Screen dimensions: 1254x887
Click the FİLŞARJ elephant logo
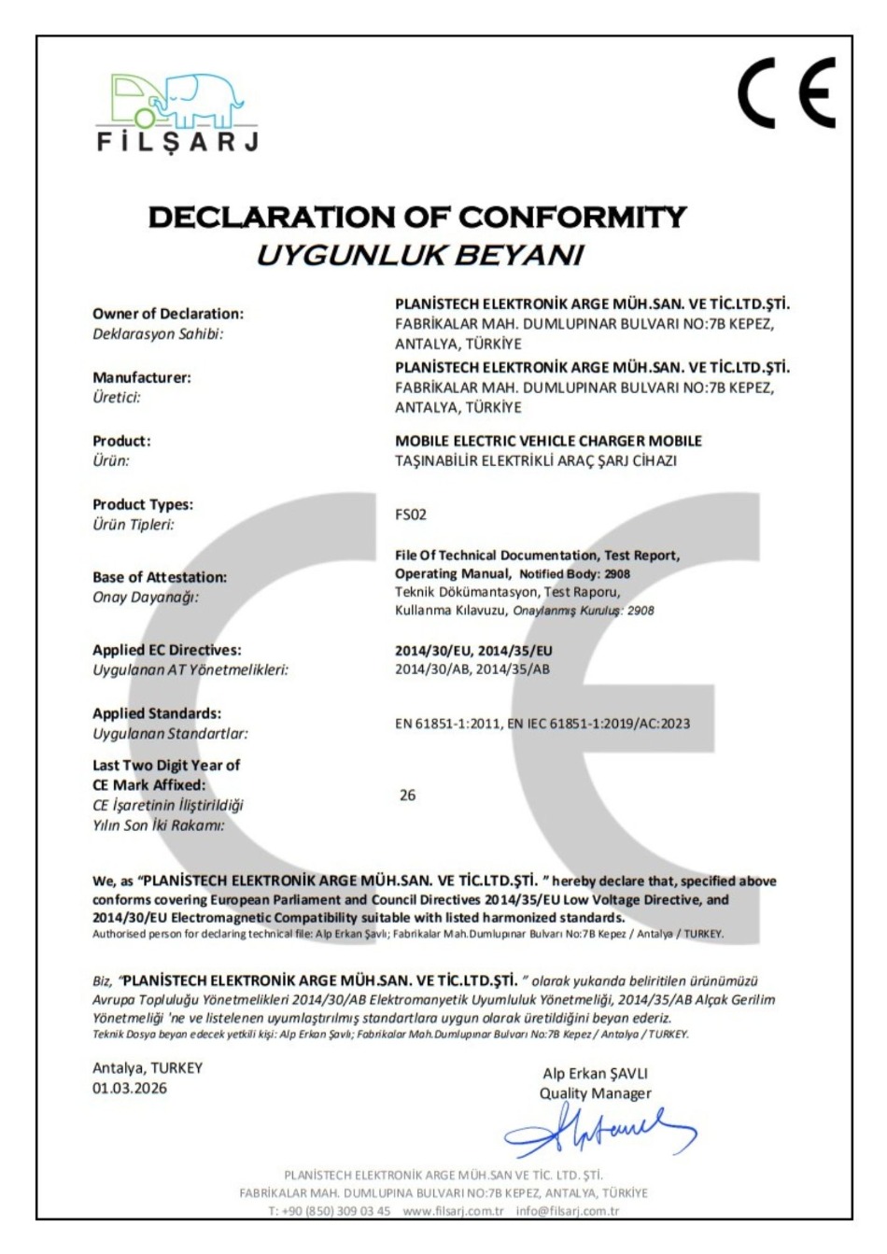[x=178, y=111]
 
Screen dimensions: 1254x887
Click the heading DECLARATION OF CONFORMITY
[x=417, y=218]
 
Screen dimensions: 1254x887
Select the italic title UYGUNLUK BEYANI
[x=419, y=254]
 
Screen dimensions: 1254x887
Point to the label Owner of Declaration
[x=167, y=314]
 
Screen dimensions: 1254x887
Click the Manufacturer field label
[x=141, y=377]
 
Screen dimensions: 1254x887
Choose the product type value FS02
[x=411, y=514]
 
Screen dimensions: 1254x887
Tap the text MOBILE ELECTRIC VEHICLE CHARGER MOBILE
[x=548, y=441]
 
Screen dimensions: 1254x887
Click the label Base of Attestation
[x=159, y=577]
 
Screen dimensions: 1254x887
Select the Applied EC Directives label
[x=166, y=650]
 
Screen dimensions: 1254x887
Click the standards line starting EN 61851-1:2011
[x=542, y=723]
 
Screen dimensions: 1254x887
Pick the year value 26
[x=407, y=796]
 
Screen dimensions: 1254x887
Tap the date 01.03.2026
[x=130, y=1088]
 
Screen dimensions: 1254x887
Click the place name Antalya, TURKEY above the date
[x=147, y=1067]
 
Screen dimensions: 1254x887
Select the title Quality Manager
[x=595, y=1093]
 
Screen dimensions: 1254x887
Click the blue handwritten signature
[x=598, y=1130]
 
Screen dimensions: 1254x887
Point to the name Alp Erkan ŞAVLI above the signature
[x=595, y=1074]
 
